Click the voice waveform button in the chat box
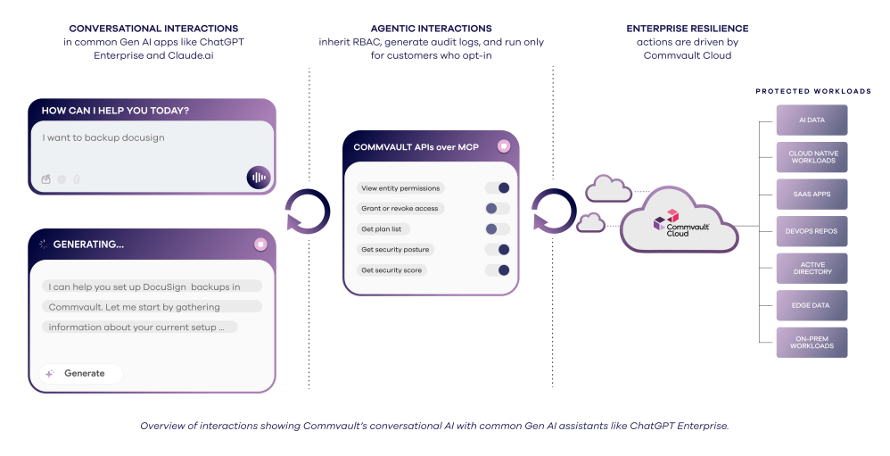click(x=259, y=177)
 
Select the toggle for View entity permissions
click(x=498, y=188)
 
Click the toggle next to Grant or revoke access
click(x=498, y=208)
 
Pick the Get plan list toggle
click(x=498, y=229)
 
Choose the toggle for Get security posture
click(x=498, y=250)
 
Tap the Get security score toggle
click(x=498, y=270)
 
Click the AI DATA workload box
click(x=812, y=120)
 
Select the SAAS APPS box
click(x=812, y=194)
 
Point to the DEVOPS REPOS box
click(x=812, y=231)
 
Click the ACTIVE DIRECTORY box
click(x=812, y=269)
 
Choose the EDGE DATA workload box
click(x=812, y=305)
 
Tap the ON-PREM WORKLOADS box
click(x=812, y=343)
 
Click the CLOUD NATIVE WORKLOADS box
click(x=812, y=157)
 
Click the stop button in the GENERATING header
click(x=260, y=244)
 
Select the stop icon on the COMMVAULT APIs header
click(x=504, y=145)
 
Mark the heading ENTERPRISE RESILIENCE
click(x=687, y=29)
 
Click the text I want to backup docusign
click(x=103, y=138)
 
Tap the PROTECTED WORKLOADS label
click(x=813, y=91)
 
